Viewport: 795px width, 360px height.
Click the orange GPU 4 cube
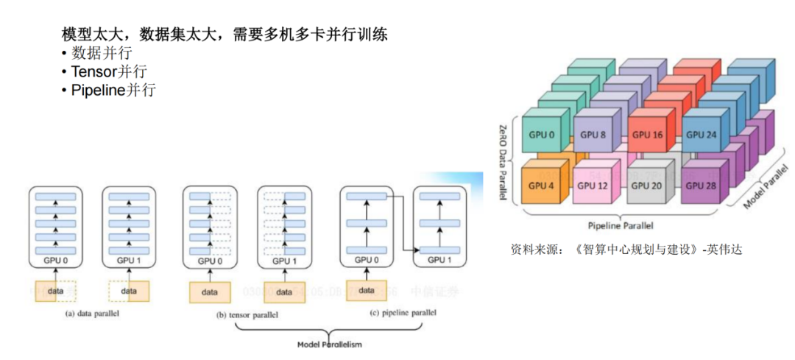tap(541, 186)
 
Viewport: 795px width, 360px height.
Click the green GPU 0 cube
tap(541, 135)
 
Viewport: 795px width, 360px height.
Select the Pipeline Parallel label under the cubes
tap(621, 225)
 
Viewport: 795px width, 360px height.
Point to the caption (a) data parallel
tap(92, 314)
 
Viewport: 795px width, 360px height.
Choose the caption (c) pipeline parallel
tap(403, 313)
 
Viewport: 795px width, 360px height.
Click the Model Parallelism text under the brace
tap(330, 344)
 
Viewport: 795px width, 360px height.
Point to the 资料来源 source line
tap(626, 250)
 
